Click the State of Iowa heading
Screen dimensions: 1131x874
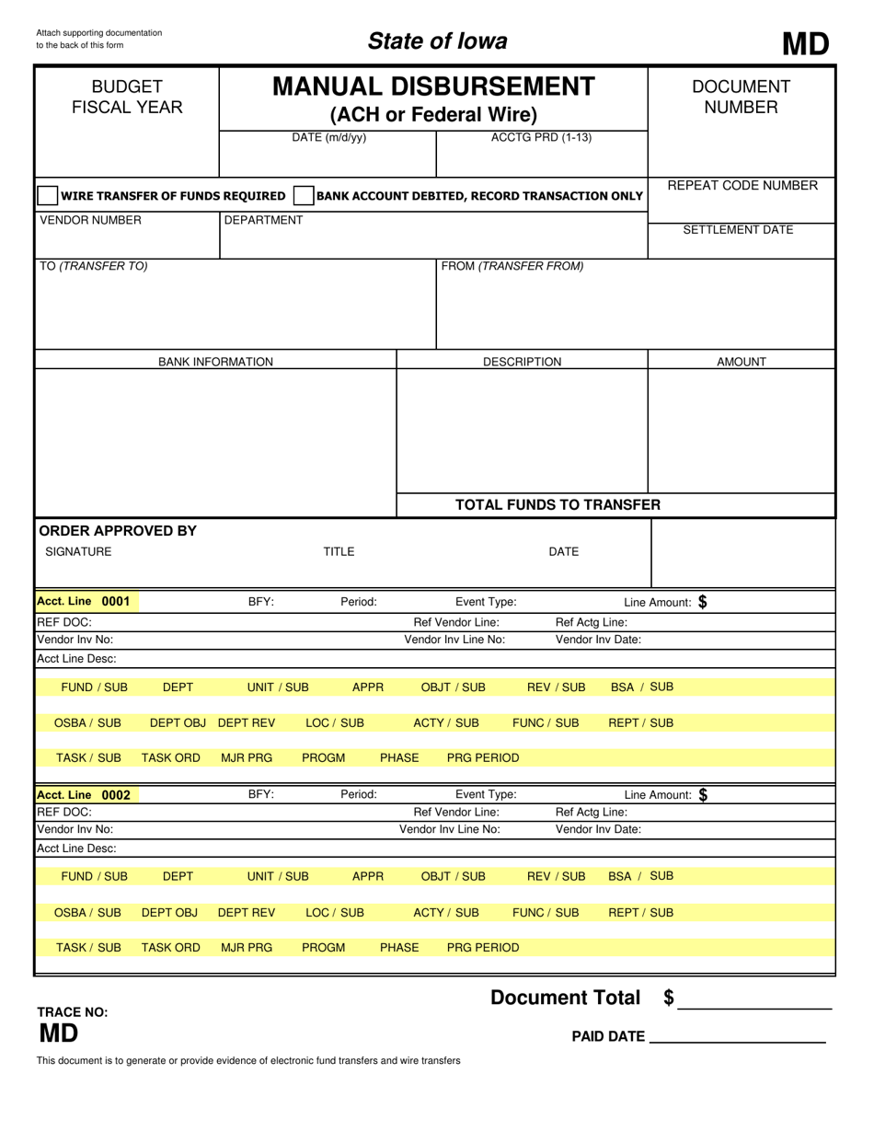pyautogui.click(x=437, y=41)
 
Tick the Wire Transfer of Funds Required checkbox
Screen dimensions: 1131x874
pyautogui.click(x=47, y=196)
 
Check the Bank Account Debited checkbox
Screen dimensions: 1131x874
pyautogui.click(x=303, y=196)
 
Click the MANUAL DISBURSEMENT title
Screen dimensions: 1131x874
pyautogui.click(x=433, y=87)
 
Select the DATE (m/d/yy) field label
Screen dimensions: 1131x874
pyautogui.click(x=328, y=138)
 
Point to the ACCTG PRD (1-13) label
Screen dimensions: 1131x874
pyautogui.click(x=541, y=138)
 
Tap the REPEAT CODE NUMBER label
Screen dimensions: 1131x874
pyautogui.click(x=742, y=186)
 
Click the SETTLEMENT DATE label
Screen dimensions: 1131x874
pyautogui.click(x=738, y=230)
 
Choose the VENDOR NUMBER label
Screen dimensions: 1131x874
pyautogui.click(x=90, y=220)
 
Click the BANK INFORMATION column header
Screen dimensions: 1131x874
pyautogui.click(x=215, y=362)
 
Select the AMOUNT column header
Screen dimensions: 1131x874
pyautogui.click(x=741, y=362)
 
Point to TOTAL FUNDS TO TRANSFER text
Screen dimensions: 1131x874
pyautogui.click(x=558, y=504)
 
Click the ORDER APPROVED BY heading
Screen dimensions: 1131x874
pyautogui.click(x=117, y=531)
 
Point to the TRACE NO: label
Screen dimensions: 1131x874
pyautogui.click(x=72, y=1012)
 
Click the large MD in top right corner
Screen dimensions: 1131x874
pyautogui.click(x=805, y=43)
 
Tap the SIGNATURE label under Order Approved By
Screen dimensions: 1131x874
pyautogui.click(x=78, y=552)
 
